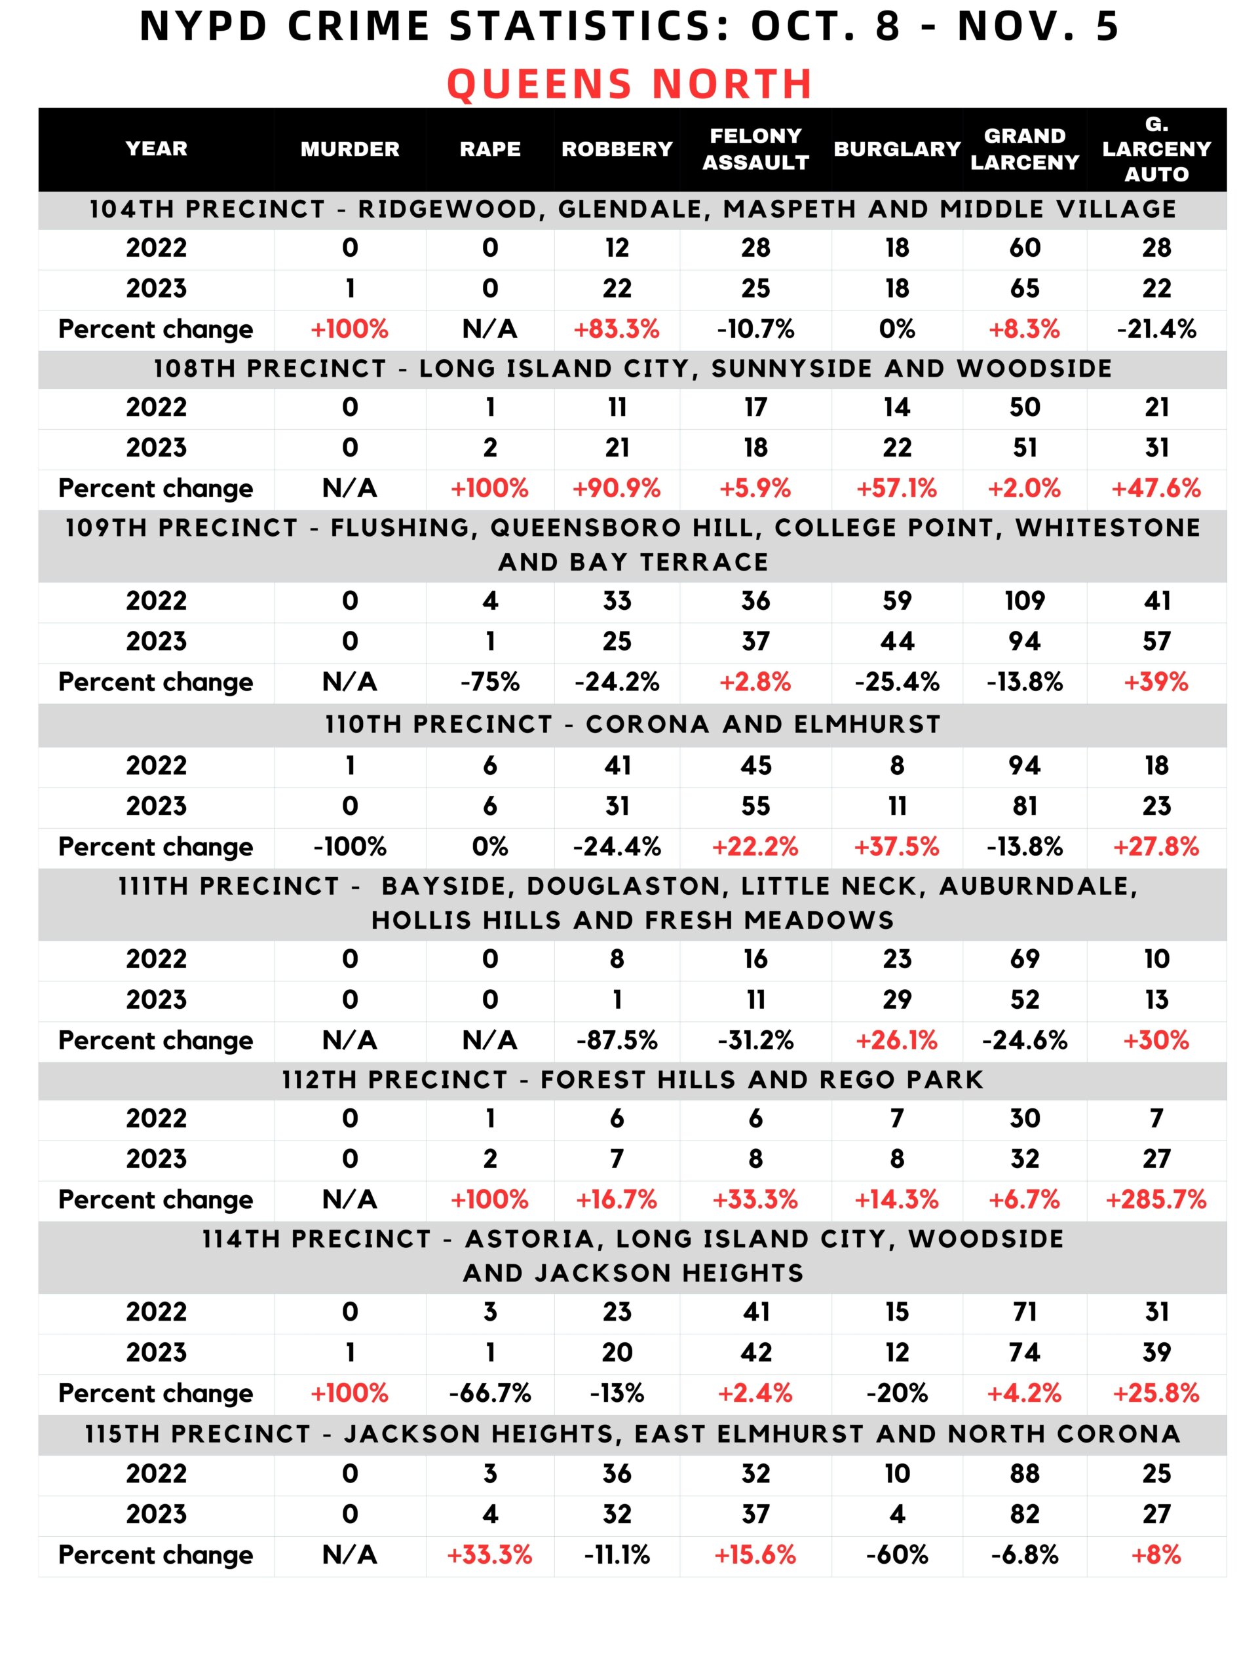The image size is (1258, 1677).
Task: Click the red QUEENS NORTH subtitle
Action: (x=630, y=83)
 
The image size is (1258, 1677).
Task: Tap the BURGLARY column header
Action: (x=897, y=149)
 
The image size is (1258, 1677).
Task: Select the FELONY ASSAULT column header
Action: (x=755, y=149)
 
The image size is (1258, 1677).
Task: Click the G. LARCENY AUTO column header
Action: (x=1156, y=149)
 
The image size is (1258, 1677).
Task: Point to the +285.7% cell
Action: (x=1156, y=1199)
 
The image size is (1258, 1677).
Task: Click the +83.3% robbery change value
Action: (x=617, y=329)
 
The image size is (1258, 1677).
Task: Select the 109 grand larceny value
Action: (x=1025, y=601)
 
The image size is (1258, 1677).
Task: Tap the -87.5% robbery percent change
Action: (x=617, y=1040)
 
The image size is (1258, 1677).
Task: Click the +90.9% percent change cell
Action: (x=617, y=488)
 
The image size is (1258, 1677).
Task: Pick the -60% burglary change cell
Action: (x=897, y=1555)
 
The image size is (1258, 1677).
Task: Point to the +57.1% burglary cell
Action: (x=897, y=488)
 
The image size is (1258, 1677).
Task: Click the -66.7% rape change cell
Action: (x=490, y=1393)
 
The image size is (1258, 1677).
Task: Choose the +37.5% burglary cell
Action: (x=897, y=847)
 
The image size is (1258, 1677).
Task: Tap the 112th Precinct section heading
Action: (x=632, y=1080)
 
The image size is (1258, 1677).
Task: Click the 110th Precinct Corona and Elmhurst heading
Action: (x=632, y=724)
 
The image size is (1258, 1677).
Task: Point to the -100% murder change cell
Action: (x=350, y=847)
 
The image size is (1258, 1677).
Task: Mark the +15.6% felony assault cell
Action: (x=755, y=1555)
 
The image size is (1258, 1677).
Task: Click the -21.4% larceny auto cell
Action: (x=1156, y=329)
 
